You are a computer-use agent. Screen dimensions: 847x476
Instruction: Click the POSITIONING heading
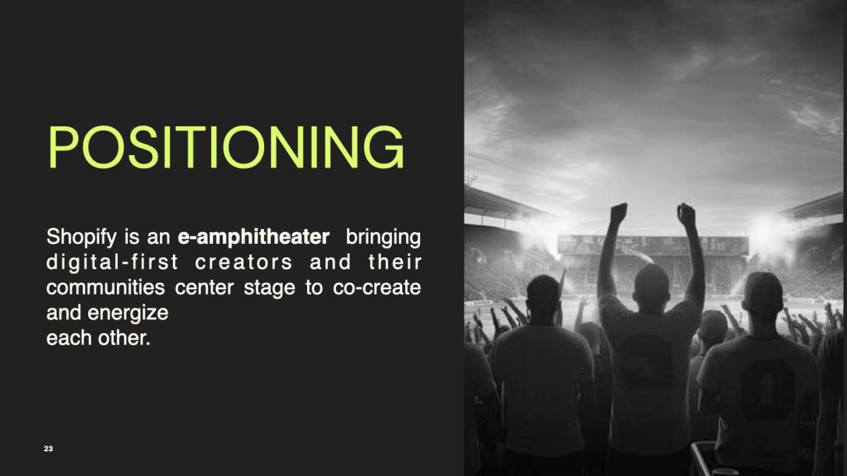[x=226, y=147]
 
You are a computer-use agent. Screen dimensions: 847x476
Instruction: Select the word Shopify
[x=82, y=238]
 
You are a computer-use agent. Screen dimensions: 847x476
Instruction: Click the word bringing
[x=383, y=238]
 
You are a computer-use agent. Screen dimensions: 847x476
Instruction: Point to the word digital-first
[x=112, y=262]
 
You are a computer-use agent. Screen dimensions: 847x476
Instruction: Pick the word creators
[x=244, y=262]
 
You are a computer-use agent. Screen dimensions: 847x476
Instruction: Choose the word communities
[x=105, y=288]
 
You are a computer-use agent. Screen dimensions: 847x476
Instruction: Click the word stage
[x=269, y=288]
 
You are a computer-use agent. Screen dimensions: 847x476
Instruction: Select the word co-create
[x=377, y=288]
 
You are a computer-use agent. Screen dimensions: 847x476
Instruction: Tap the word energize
[x=128, y=313]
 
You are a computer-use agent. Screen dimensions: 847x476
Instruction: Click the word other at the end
[x=124, y=338]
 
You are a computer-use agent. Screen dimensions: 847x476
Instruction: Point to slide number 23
[x=49, y=448]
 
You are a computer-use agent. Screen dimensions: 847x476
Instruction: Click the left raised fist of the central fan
[x=618, y=213]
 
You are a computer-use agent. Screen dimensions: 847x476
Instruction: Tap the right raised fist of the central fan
[x=685, y=214]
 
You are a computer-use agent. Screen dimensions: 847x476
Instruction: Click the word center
[x=204, y=288]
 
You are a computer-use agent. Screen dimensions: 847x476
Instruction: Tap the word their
[x=395, y=262]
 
